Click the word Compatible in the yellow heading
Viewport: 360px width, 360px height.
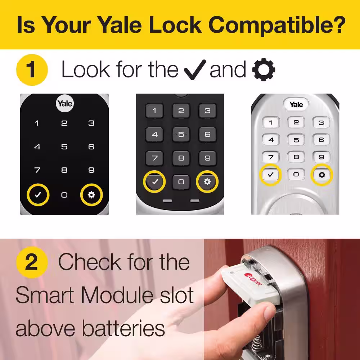tap(277, 25)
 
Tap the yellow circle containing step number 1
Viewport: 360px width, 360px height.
tap(32, 70)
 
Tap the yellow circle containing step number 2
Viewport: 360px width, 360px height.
tap(32, 262)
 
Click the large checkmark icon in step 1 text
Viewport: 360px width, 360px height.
tap(195, 70)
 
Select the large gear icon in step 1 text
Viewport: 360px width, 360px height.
tap(264, 69)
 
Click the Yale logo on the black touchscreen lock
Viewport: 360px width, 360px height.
tap(65, 103)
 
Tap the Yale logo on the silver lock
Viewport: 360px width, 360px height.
tap(296, 104)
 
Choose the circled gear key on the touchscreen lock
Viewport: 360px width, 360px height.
tap(91, 195)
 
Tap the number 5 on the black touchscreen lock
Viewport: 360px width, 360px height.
tap(64, 147)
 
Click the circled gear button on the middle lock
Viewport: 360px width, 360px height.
tap(207, 181)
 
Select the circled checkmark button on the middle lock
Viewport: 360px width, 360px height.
tap(154, 181)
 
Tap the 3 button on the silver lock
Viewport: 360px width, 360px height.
tap(321, 123)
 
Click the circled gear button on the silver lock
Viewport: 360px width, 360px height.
tap(322, 175)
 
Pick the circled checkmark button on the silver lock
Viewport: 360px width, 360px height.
tap(270, 175)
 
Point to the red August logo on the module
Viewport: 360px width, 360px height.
tap(253, 279)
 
